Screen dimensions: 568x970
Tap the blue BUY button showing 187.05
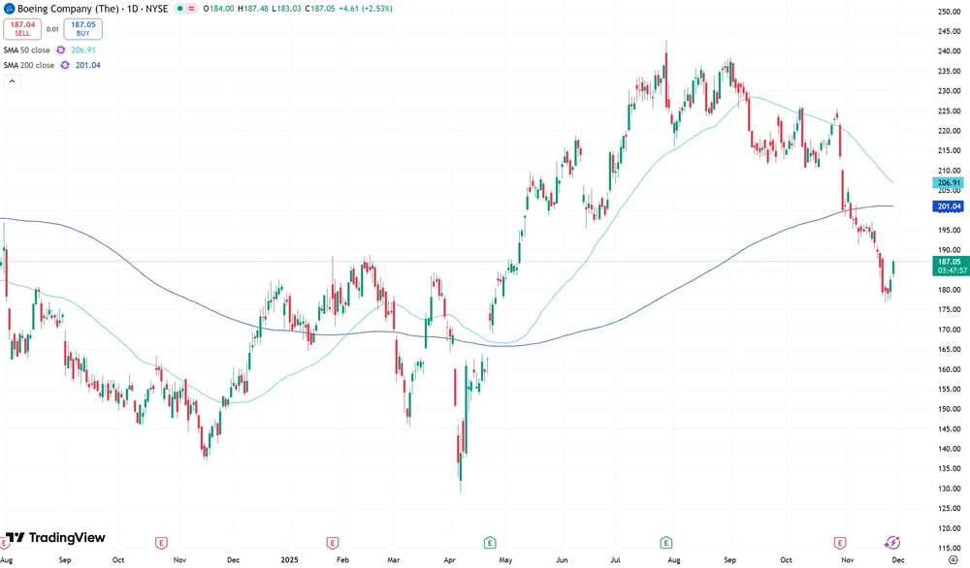[83, 29]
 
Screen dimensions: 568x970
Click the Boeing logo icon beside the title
[9, 8]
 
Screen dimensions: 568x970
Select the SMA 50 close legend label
[27, 49]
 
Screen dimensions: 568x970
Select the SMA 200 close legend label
[29, 65]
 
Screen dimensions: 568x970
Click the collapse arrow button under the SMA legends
[13, 81]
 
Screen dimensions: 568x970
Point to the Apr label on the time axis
[449, 560]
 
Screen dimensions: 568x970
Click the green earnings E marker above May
[490, 543]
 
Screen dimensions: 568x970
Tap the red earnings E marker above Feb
[333, 543]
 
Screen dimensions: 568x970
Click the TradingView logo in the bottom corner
[55, 538]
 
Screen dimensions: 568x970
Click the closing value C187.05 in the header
[320, 8]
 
